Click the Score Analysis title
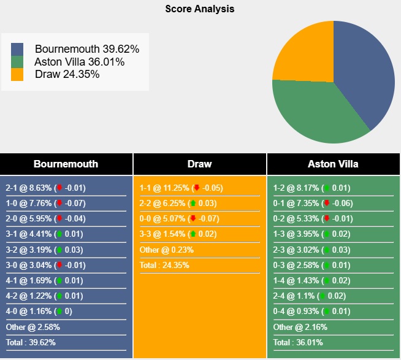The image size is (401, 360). click(x=200, y=9)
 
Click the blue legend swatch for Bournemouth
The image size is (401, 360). click(x=17, y=49)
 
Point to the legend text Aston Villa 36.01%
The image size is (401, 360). click(x=80, y=62)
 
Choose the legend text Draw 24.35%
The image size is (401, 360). click(x=67, y=74)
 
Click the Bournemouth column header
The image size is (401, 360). click(x=66, y=164)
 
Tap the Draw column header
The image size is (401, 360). click(x=199, y=164)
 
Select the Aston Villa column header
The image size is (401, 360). click(x=334, y=164)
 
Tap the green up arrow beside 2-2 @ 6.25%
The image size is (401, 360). click(x=193, y=203)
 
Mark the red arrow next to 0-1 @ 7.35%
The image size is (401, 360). click(x=327, y=203)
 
